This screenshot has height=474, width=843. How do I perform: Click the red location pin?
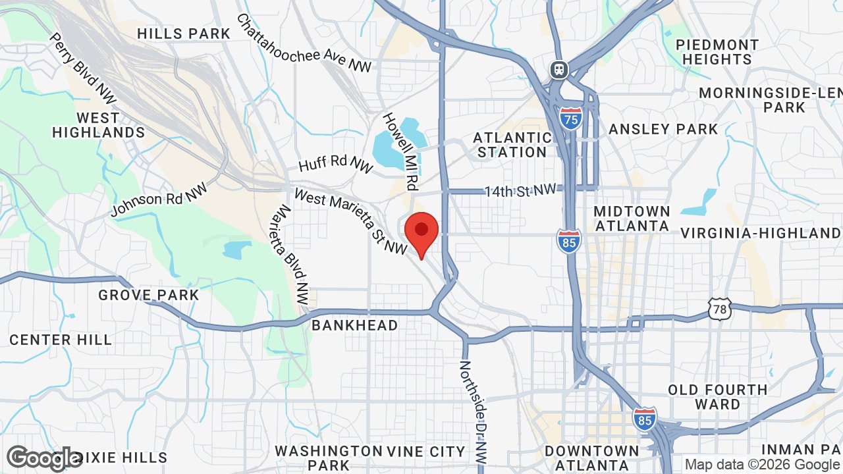pyautogui.click(x=421, y=232)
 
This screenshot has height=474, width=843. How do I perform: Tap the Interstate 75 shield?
pyautogui.click(x=571, y=118)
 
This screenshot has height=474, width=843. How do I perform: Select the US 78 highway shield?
pyautogui.click(x=720, y=309)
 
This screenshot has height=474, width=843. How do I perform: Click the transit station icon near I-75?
pyautogui.click(x=559, y=69)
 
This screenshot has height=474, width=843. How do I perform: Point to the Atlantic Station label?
pyautogui.click(x=512, y=145)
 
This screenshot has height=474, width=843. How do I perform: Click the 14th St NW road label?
pyautogui.click(x=520, y=191)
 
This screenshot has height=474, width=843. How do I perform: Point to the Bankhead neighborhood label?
pyautogui.click(x=354, y=325)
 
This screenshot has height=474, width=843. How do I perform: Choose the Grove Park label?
pyautogui.click(x=148, y=295)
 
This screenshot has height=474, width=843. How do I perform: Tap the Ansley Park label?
pyautogui.click(x=663, y=129)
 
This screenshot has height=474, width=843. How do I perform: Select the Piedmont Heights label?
pyautogui.click(x=717, y=52)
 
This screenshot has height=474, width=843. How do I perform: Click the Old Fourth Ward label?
pyautogui.click(x=717, y=397)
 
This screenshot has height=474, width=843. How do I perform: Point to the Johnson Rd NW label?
pyautogui.click(x=159, y=199)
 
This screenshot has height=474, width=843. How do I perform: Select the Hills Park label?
pyautogui.click(x=184, y=34)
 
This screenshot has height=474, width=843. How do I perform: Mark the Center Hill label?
pyautogui.click(x=61, y=340)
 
